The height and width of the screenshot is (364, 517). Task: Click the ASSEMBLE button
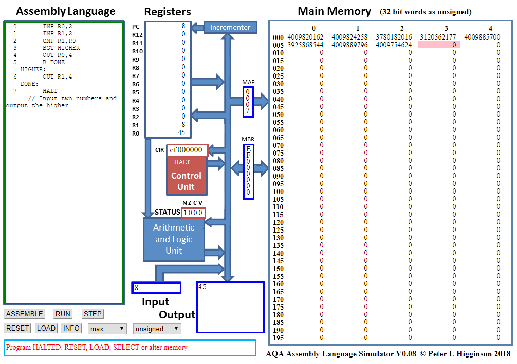tap(25, 314)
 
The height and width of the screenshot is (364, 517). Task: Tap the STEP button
tap(93, 314)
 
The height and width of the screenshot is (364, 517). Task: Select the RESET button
tap(17, 328)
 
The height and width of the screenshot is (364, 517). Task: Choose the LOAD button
tap(46, 328)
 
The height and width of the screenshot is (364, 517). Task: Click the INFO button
tap(71, 328)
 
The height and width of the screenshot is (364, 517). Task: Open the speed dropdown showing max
tap(107, 329)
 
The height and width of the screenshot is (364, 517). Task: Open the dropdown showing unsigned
tap(157, 329)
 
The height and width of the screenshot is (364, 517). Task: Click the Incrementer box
tap(230, 28)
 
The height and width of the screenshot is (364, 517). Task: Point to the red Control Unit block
tap(186, 176)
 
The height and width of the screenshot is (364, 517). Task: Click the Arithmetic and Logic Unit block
tap(174, 239)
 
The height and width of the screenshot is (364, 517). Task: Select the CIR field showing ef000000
tap(186, 150)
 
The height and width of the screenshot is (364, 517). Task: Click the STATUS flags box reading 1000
tap(193, 213)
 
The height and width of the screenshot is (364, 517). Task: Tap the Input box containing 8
tap(156, 288)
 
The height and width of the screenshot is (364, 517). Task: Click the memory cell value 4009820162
tap(306, 37)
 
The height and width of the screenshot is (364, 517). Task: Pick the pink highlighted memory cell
tap(439, 45)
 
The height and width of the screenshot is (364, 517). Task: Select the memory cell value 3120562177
tap(438, 37)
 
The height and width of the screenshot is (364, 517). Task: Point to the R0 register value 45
tap(181, 132)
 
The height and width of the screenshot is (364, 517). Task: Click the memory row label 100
tap(278, 191)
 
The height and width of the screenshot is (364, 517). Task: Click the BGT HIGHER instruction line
tap(61, 48)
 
